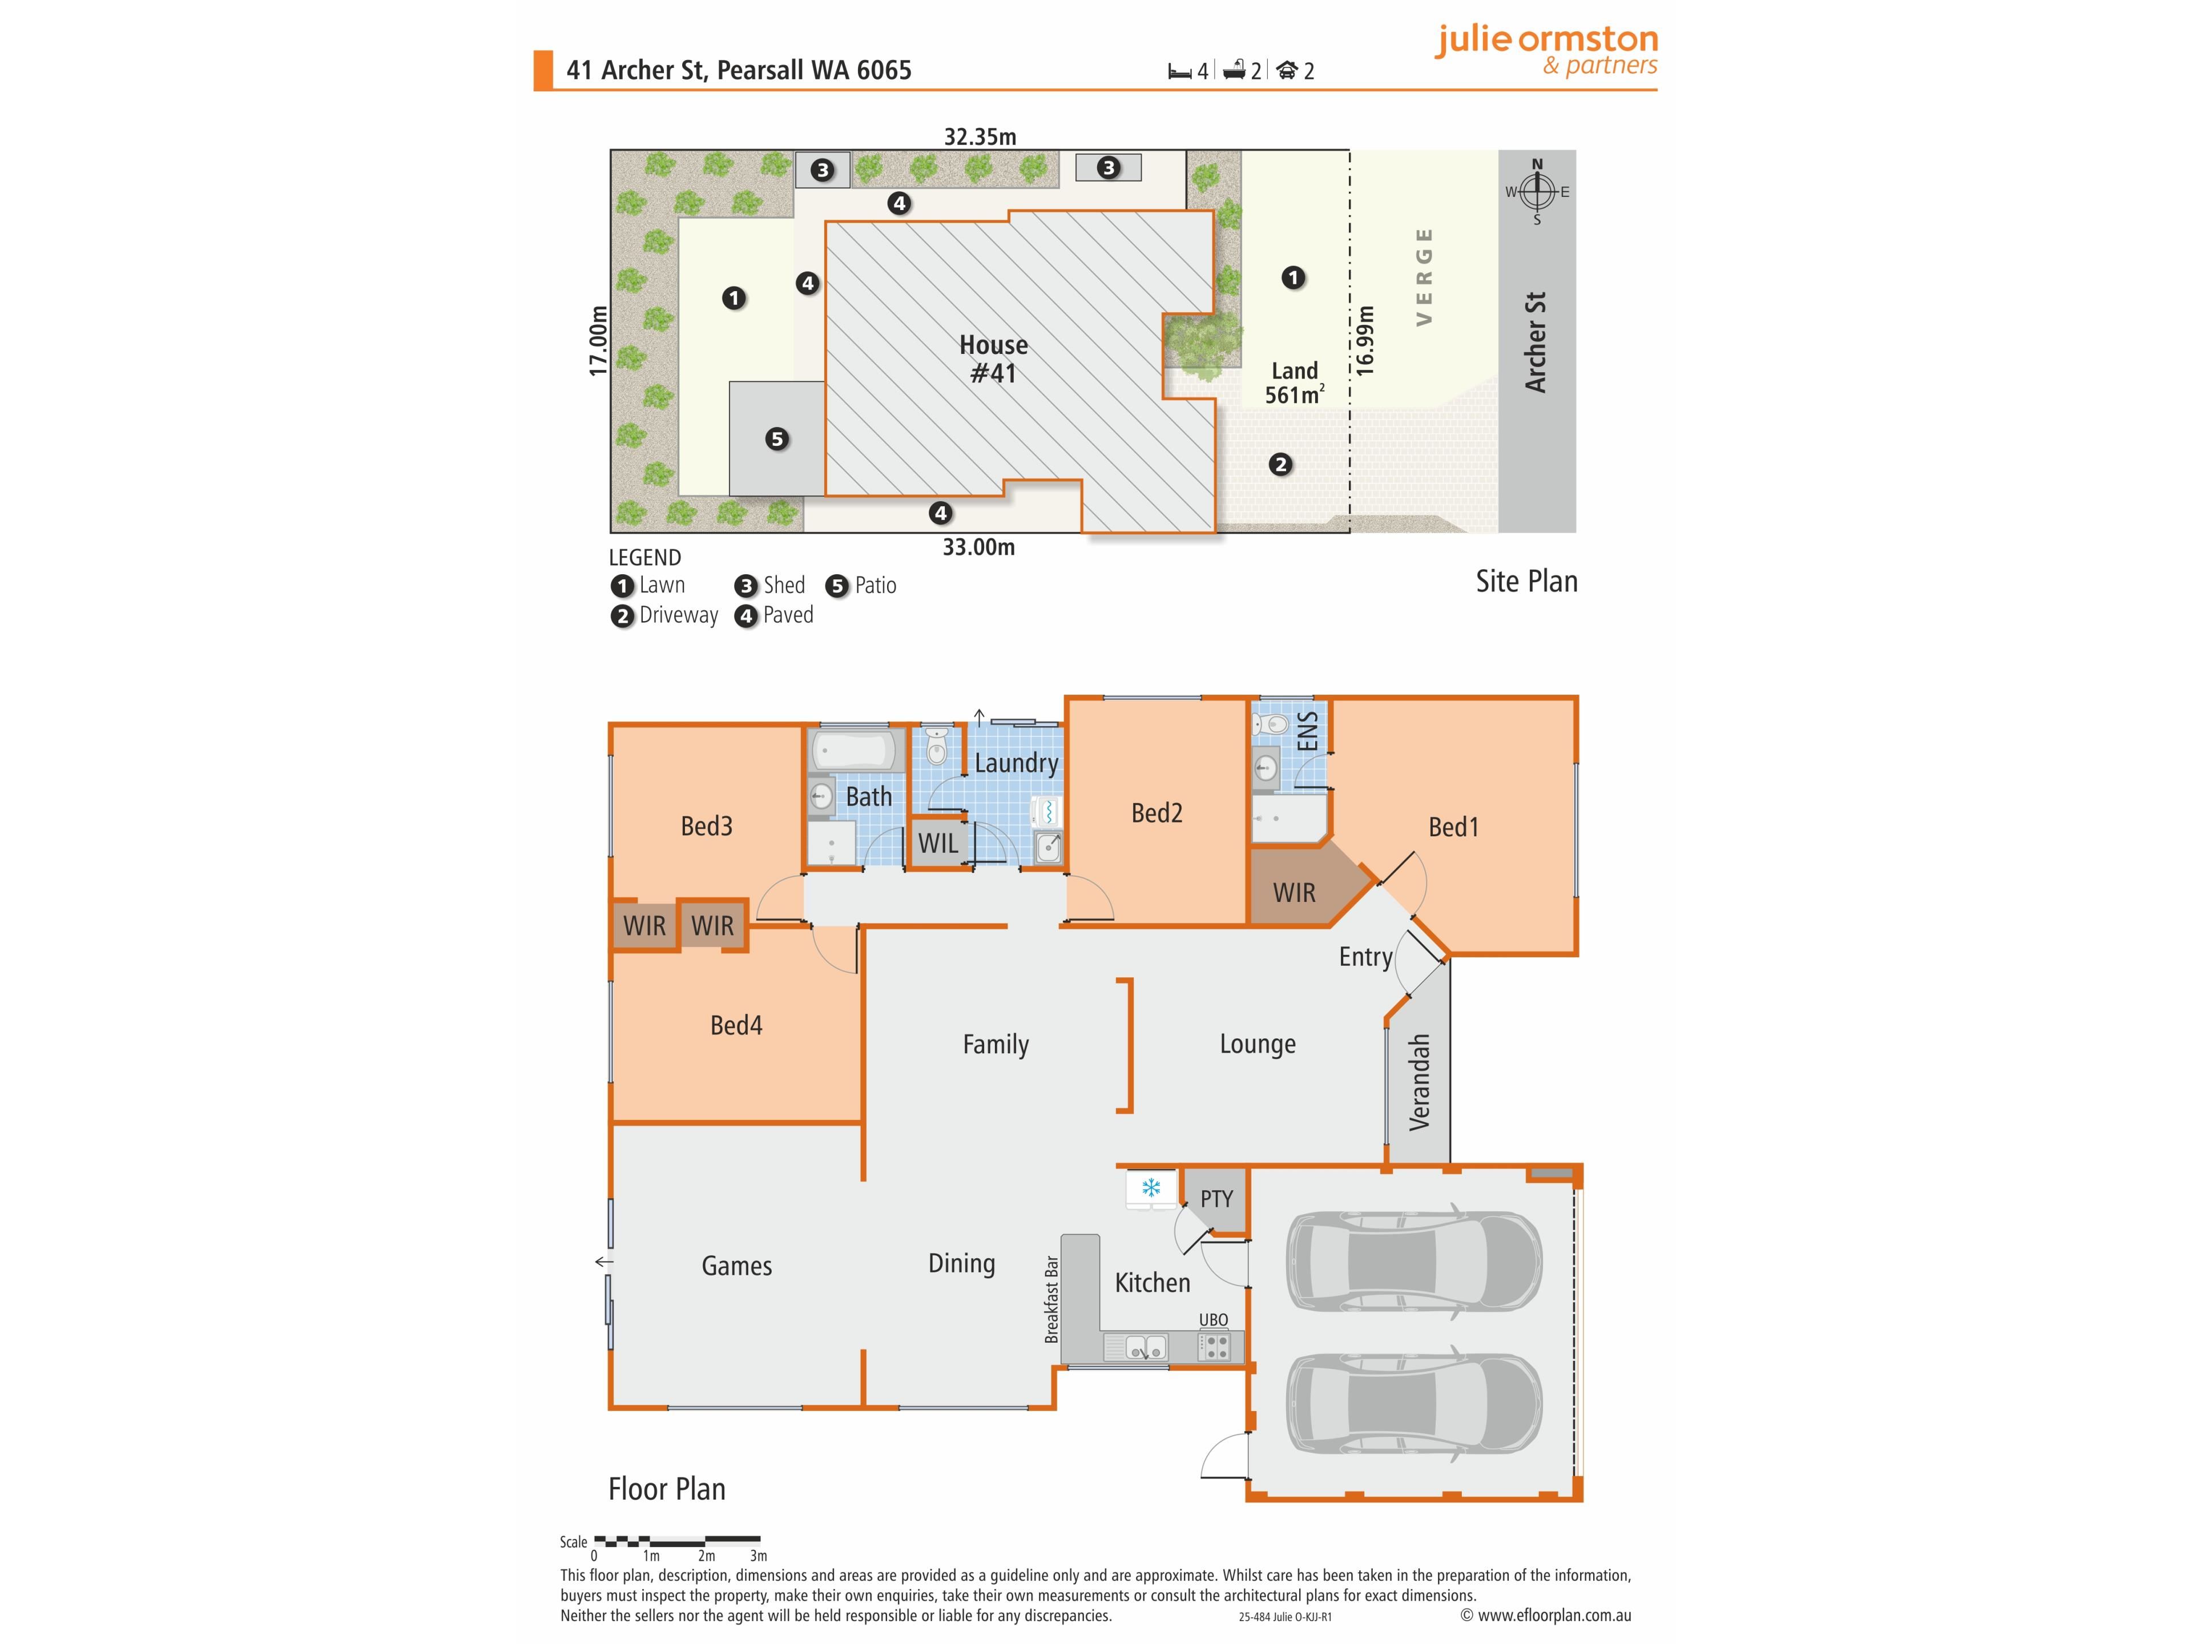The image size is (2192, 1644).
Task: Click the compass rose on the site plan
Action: click(x=1537, y=191)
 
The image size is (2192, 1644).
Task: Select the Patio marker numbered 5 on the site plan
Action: click(x=777, y=439)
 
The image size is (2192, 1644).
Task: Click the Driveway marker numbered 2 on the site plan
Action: click(x=1280, y=464)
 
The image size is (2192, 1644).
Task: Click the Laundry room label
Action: click(x=1016, y=763)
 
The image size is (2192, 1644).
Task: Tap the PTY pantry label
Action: click(x=1217, y=1199)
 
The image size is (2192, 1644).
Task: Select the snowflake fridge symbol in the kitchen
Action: click(x=1150, y=1188)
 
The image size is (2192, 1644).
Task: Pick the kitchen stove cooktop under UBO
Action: click(x=1215, y=1347)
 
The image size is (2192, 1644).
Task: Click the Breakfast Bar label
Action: click(x=1051, y=1299)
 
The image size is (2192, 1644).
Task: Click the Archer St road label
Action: click(x=1535, y=342)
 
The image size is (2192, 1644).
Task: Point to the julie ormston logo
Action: click(x=1546, y=50)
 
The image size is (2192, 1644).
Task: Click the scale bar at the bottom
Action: click(x=677, y=1541)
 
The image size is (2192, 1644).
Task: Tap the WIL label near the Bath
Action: click(x=937, y=843)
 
